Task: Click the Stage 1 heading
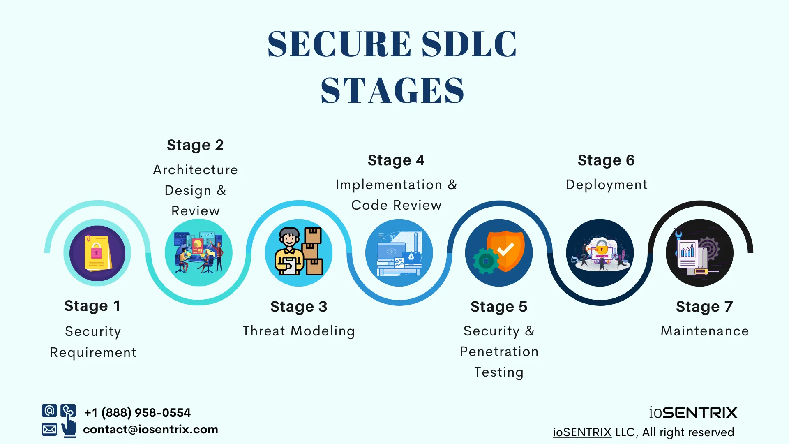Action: [x=92, y=306]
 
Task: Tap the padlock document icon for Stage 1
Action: [x=97, y=252]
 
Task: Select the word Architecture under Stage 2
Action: [x=195, y=170]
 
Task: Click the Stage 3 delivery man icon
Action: [x=299, y=252]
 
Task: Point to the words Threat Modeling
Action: [x=299, y=331]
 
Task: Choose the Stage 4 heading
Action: [x=396, y=160]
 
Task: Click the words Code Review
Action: [x=396, y=205]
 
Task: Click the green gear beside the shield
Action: [x=486, y=261]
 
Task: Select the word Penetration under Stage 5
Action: [x=499, y=351]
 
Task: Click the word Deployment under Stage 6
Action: [x=606, y=185]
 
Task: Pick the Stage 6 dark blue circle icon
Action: [x=600, y=252]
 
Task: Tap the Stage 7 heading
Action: [x=704, y=307]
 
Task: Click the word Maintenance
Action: [x=704, y=331]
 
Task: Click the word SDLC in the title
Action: [x=469, y=44]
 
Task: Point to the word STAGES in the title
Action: [x=392, y=90]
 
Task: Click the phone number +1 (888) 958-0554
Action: [x=137, y=412]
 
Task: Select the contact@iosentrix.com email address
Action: [x=150, y=430]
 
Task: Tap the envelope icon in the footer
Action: [x=49, y=430]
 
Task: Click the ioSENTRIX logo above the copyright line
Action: [x=693, y=412]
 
